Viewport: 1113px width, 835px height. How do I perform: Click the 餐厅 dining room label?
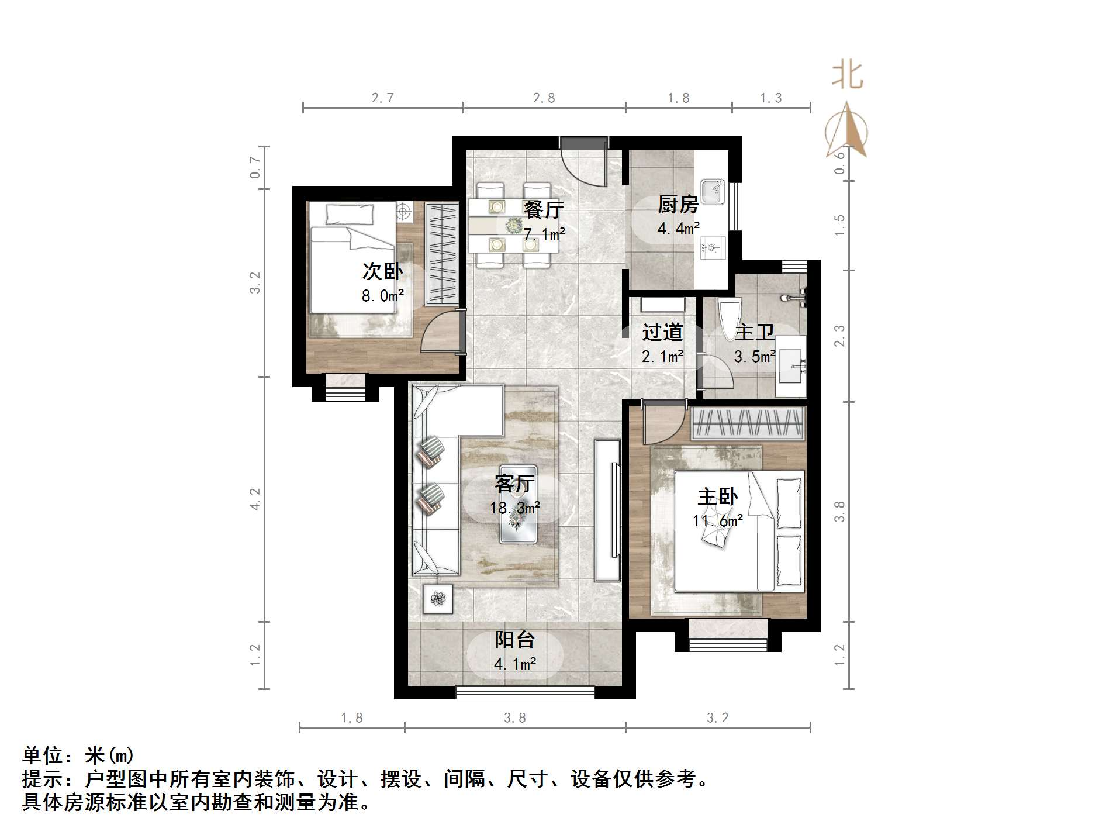coord(544,209)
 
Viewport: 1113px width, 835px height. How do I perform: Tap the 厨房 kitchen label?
coord(678,204)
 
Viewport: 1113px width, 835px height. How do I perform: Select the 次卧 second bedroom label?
coord(382,271)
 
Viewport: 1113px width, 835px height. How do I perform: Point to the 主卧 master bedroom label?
coord(717,496)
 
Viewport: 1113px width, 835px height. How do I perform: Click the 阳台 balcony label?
coord(514,640)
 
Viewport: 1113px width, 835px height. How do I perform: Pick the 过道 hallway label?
coord(662,332)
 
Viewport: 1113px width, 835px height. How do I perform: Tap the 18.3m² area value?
coord(514,508)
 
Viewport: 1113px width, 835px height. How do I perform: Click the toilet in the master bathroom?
coord(729,319)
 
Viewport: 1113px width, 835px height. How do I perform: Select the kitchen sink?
coord(713,191)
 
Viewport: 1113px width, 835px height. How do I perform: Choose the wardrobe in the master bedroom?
coord(748,423)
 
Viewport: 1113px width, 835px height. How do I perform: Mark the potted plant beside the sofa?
coord(438,598)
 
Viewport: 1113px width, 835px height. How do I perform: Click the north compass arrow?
coord(846,132)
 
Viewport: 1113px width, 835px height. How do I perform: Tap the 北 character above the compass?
coord(848,76)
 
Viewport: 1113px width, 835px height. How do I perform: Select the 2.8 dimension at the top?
coord(544,98)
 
